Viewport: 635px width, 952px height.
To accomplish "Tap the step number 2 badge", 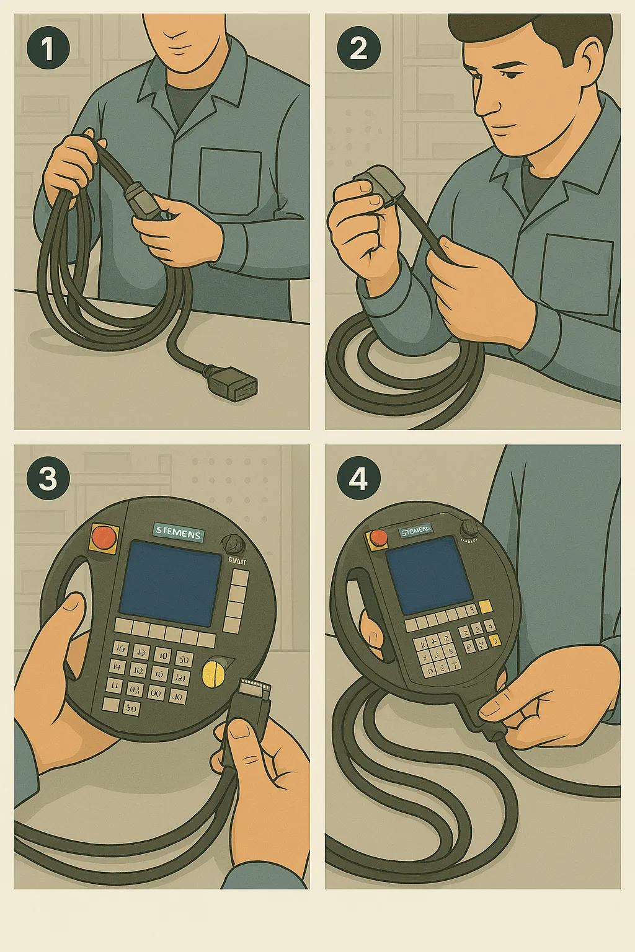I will click(x=358, y=48).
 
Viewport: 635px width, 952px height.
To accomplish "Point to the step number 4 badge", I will click(x=358, y=478).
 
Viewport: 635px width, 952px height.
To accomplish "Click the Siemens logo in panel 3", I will click(x=179, y=532).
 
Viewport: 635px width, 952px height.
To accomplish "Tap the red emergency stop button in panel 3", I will click(x=104, y=536).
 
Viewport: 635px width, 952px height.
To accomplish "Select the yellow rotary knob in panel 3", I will click(x=215, y=673).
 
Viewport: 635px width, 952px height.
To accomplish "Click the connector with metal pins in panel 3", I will click(x=254, y=695).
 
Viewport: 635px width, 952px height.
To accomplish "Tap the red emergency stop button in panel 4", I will click(x=376, y=539).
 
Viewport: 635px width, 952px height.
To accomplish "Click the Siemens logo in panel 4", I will click(x=416, y=531).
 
